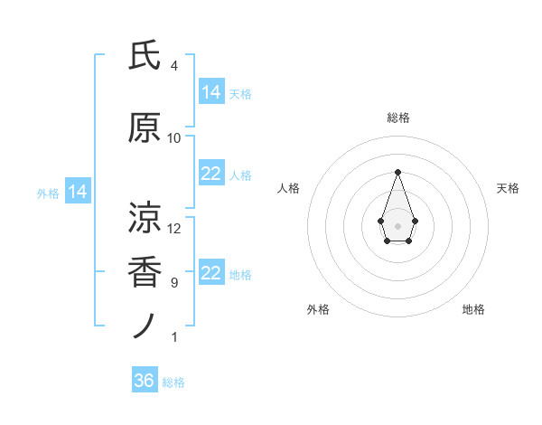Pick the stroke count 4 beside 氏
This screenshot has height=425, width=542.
(173, 66)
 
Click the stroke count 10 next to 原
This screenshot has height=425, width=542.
(174, 138)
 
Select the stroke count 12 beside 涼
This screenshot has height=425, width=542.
(174, 229)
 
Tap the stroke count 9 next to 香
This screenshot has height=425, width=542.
(173, 283)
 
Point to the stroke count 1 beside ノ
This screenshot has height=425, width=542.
(173, 337)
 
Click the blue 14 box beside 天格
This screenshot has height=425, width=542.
(211, 92)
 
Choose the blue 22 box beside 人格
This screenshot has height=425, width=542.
(211, 174)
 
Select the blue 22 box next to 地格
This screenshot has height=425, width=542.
(211, 273)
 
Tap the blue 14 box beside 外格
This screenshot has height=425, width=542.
(77, 192)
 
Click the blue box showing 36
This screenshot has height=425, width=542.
(145, 381)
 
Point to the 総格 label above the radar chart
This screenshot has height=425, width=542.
(397, 118)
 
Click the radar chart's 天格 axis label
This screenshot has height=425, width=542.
(508, 188)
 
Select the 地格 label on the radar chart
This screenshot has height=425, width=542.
(473, 309)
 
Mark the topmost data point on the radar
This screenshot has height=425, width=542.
(397, 172)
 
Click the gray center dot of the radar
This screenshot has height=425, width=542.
(397, 225)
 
